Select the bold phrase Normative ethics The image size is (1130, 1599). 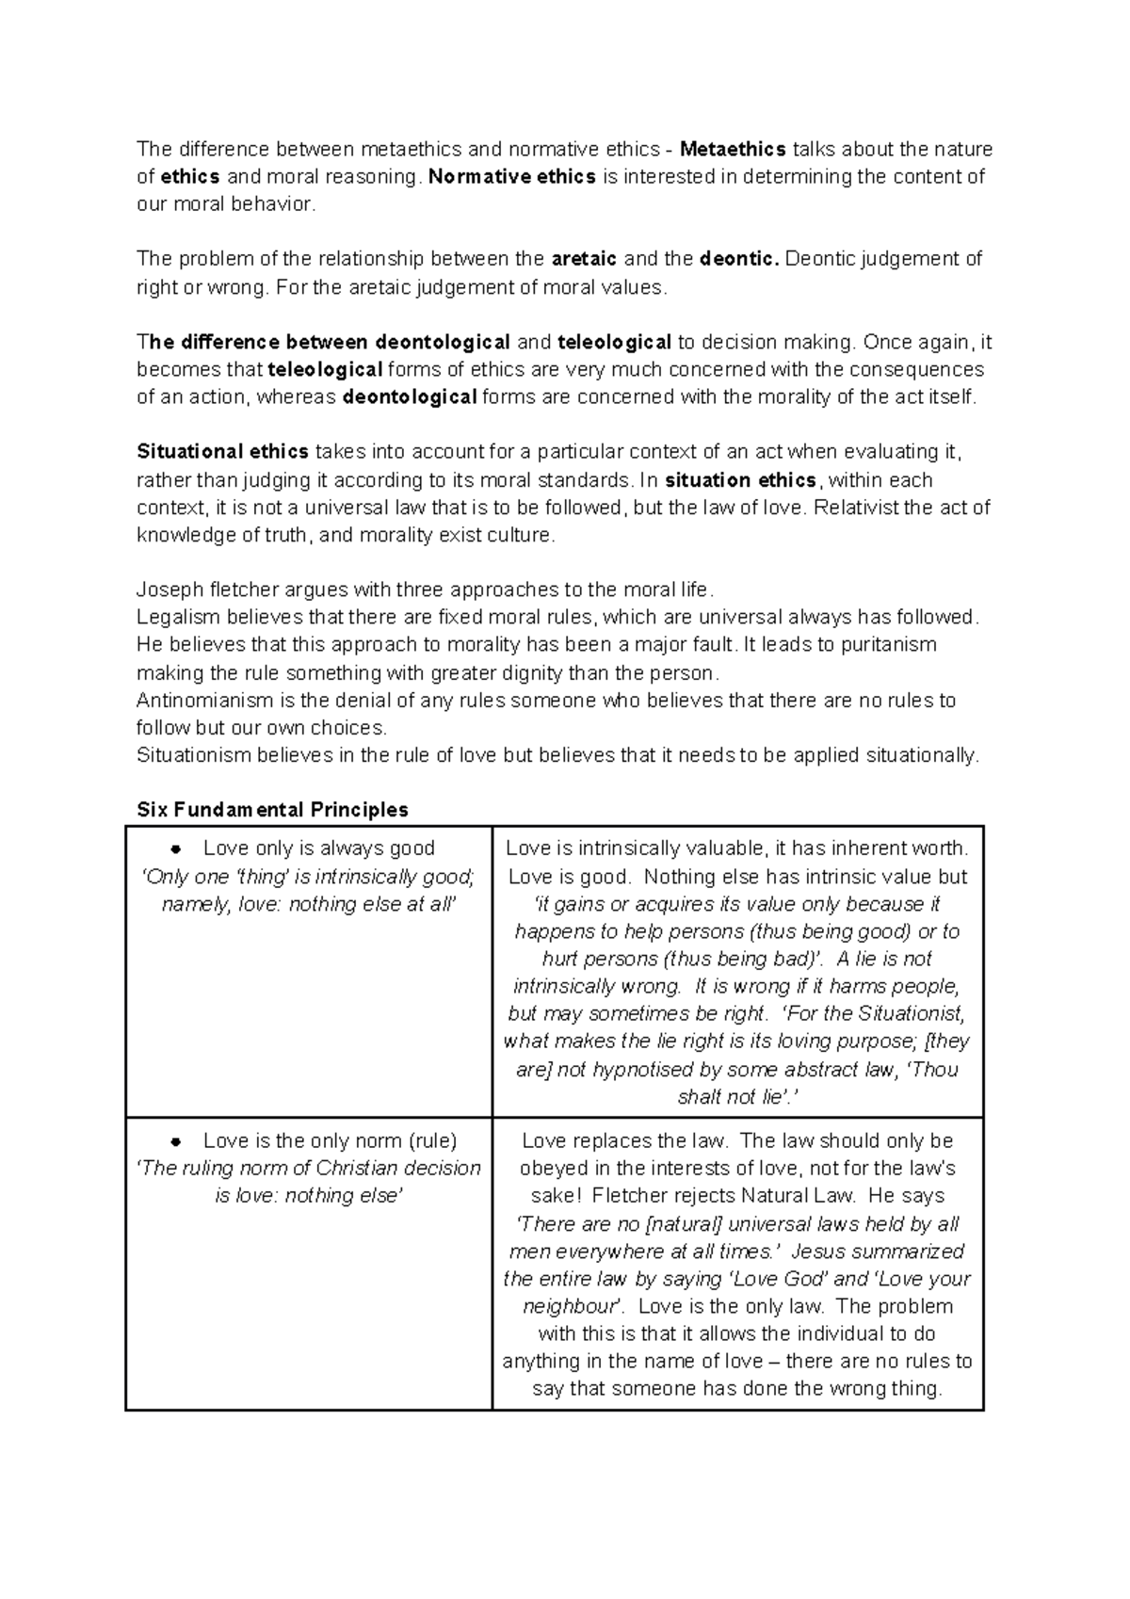pos(511,177)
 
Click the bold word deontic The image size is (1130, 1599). pos(740,259)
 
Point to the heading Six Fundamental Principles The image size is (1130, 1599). pos(272,810)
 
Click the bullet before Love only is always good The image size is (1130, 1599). pos(175,849)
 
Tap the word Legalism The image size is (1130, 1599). pos(177,618)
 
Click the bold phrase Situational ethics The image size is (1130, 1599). pos(223,452)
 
